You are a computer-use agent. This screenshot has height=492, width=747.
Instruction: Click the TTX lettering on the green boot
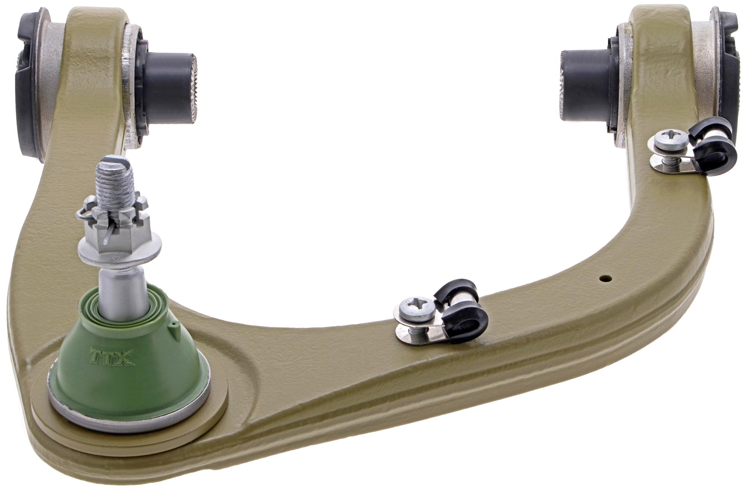112,356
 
